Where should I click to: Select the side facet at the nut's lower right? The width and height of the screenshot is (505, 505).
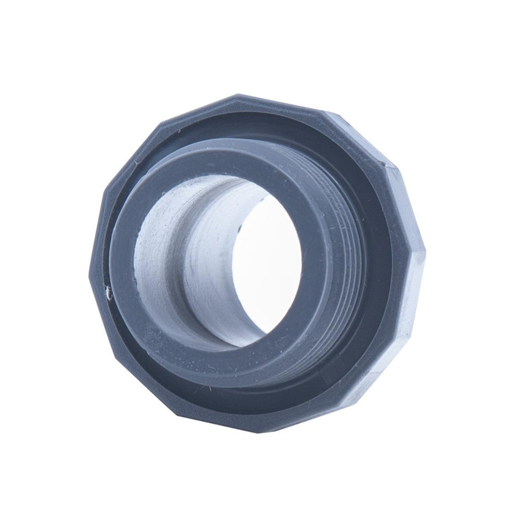point(379,370)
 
